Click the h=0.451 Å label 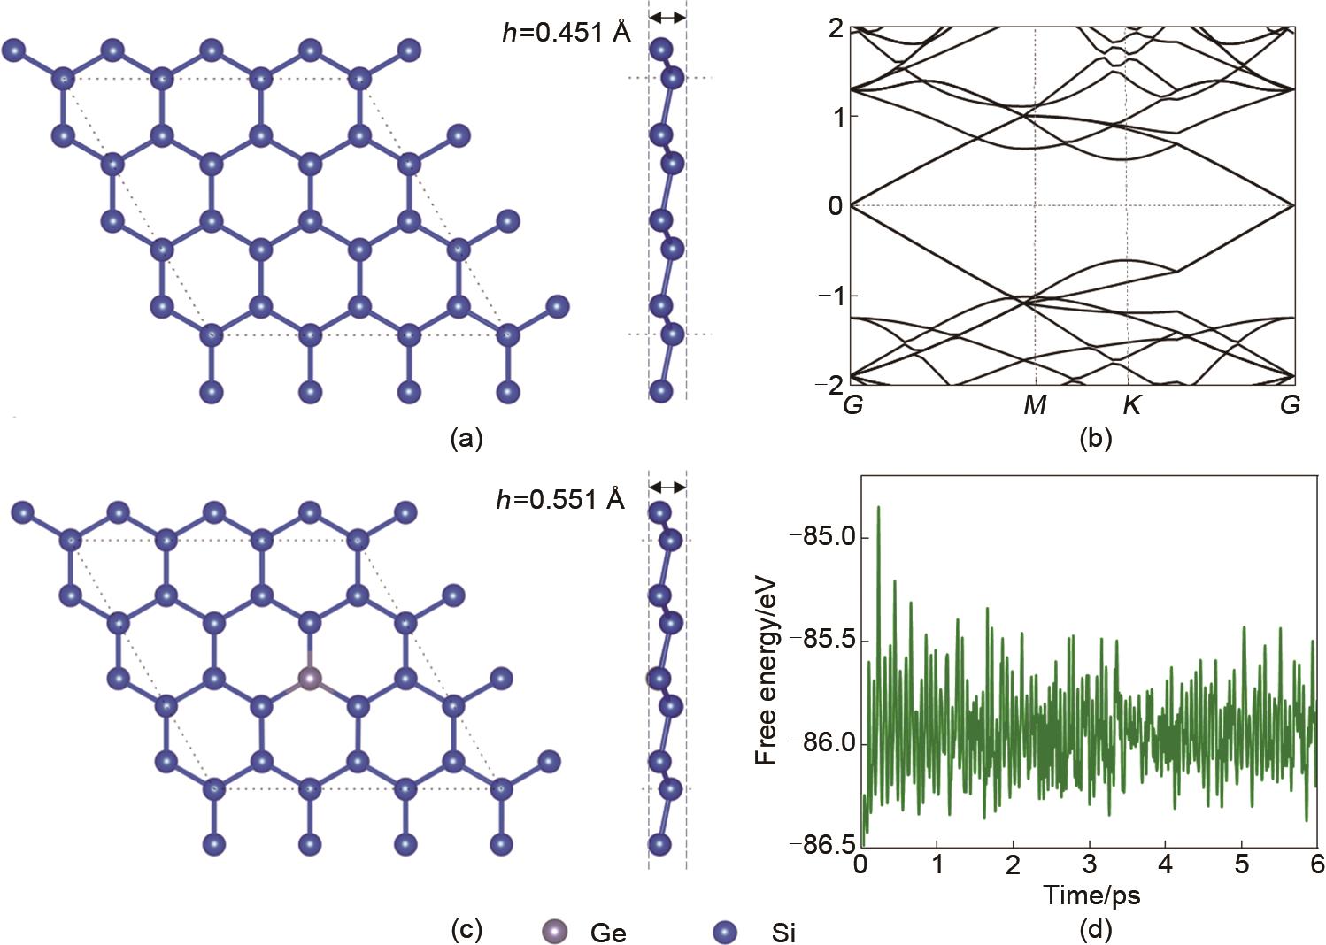(567, 33)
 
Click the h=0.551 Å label (560, 499)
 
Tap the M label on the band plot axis (1035, 405)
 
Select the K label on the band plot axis (1131, 405)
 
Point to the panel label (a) (467, 439)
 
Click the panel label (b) (1096, 439)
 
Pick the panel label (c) (467, 930)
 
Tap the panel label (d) (1096, 930)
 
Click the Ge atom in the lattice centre (310, 678)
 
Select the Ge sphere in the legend (555, 932)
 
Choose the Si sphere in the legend (725, 933)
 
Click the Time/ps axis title (1091, 895)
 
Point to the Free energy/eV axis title (766, 671)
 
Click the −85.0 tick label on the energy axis (823, 538)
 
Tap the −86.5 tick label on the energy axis (823, 844)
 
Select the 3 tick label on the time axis (1090, 865)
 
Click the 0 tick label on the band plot (836, 206)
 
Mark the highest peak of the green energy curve (878, 507)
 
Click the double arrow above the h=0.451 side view (667, 18)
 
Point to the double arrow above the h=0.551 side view (667, 487)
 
